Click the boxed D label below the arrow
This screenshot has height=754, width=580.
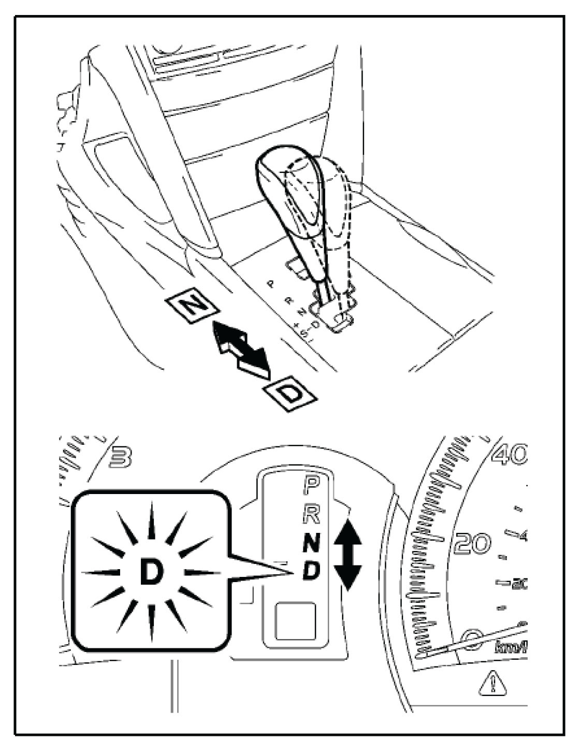[290, 396]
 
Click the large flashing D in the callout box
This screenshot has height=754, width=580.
[151, 572]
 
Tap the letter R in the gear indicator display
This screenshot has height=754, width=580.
[311, 514]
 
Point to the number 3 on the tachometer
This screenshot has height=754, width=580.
[121, 457]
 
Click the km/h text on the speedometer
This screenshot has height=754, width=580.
[511, 647]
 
